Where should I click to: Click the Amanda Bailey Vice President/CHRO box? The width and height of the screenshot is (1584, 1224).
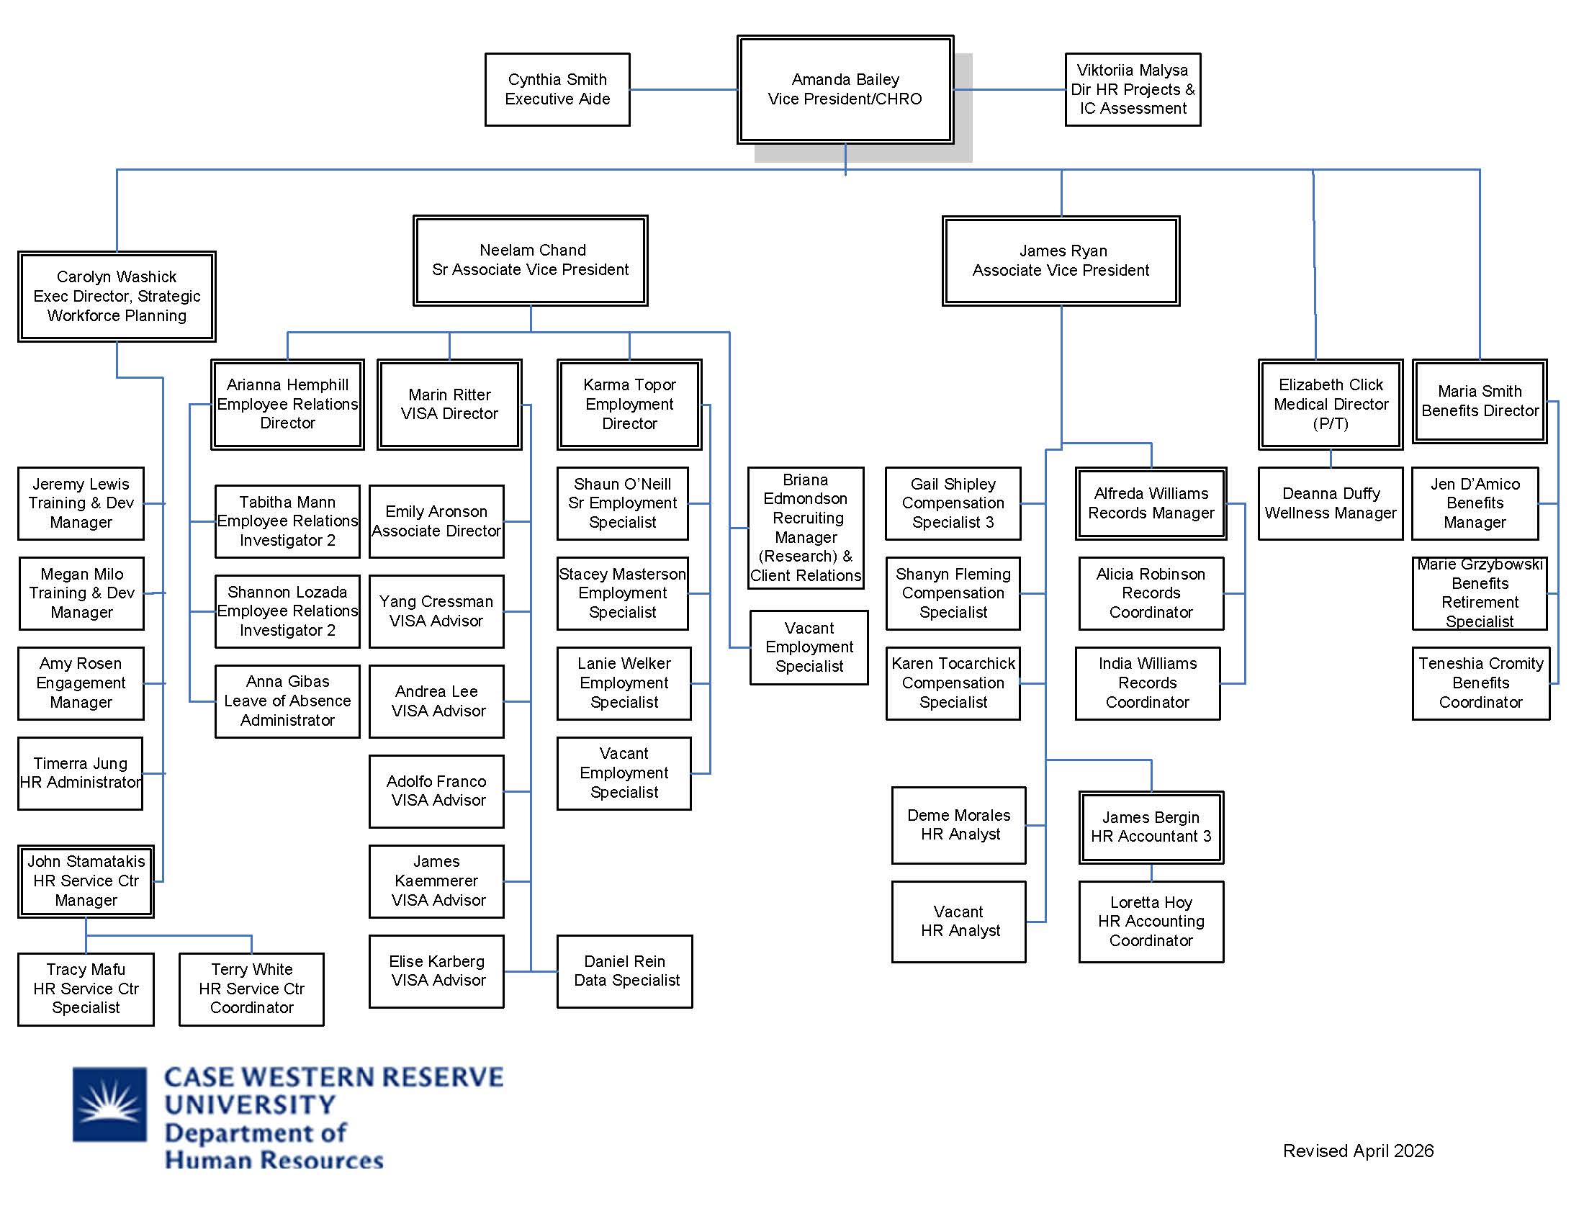pyautogui.click(x=845, y=89)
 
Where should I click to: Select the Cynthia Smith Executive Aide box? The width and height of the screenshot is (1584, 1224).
pyautogui.click(x=557, y=89)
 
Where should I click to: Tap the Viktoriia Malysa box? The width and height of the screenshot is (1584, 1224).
pyautogui.click(x=1132, y=89)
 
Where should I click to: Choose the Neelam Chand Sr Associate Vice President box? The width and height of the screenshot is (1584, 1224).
pyautogui.click(x=530, y=261)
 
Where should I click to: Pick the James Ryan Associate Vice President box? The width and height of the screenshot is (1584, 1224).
pyautogui.click(x=1061, y=261)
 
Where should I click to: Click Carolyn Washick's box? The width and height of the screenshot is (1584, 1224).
pyautogui.click(x=117, y=296)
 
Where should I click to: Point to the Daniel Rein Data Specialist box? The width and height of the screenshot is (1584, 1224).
pyautogui.click(x=624, y=971)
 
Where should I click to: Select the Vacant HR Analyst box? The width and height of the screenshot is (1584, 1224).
pyautogui.click(x=958, y=922)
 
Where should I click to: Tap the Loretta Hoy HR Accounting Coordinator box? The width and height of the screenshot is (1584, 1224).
pyautogui.click(x=1151, y=922)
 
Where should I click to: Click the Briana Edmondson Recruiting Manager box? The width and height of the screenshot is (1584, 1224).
pyautogui.click(x=805, y=527)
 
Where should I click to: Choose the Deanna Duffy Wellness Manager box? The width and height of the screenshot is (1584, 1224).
pyautogui.click(x=1330, y=503)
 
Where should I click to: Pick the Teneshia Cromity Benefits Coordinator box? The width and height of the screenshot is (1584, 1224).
pyautogui.click(x=1480, y=683)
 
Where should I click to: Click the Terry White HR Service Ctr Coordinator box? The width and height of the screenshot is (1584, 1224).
pyautogui.click(x=251, y=989)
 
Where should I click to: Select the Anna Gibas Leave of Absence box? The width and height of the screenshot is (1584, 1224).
pyautogui.click(x=287, y=701)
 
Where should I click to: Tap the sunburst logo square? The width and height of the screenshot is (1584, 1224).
pyautogui.click(x=109, y=1104)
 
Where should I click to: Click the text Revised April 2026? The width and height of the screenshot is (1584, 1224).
pyautogui.click(x=1358, y=1151)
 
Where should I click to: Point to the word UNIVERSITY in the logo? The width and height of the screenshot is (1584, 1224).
pyautogui.click(x=250, y=1104)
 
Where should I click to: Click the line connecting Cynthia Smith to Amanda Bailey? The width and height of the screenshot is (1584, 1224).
pyautogui.click(x=683, y=90)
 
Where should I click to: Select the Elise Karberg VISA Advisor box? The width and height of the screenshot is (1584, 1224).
pyautogui.click(x=436, y=971)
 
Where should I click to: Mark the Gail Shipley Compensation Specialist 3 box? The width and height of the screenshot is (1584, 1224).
pyautogui.click(x=953, y=503)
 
